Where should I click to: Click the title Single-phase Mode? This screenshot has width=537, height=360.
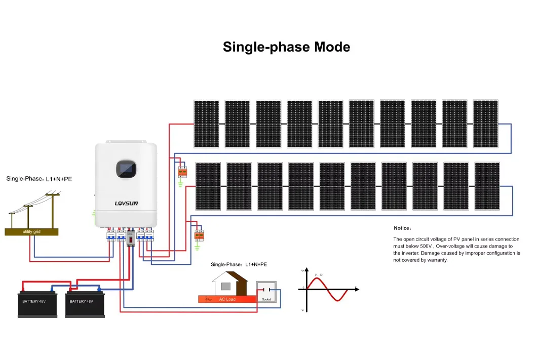coord(286,47)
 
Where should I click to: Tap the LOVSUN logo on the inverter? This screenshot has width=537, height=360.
coord(126,204)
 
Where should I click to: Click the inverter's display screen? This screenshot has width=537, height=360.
coord(126,169)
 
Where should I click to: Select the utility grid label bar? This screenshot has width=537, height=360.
coord(31,231)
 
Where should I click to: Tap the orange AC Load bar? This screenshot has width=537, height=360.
coord(227,299)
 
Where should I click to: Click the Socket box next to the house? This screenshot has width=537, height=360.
coord(266,292)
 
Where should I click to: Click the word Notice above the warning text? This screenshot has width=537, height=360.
coord(403,228)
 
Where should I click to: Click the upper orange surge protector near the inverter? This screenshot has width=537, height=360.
coord(181,172)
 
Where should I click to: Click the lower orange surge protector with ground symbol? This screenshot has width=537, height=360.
coord(199,235)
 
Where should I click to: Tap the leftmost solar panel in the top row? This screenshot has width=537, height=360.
coord(206,124)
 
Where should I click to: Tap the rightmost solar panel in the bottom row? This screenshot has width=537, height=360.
coord(487,186)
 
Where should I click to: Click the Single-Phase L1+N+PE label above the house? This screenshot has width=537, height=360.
coord(239,265)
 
